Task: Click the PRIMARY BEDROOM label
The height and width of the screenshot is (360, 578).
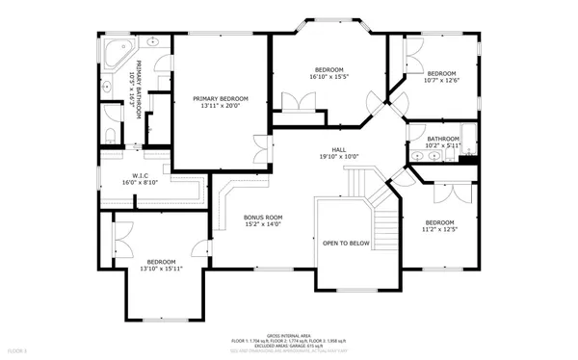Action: point(220,98)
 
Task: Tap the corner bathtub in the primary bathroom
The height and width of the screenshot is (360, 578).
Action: point(115,52)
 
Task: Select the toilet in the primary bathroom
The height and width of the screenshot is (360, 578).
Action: point(111,133)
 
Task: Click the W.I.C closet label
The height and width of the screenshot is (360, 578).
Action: point(140,174)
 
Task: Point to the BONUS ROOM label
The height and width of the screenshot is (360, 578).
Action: point(262,218)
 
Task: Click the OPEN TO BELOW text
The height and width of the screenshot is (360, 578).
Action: point(346,244)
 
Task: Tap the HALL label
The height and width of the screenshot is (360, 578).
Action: point(339,149)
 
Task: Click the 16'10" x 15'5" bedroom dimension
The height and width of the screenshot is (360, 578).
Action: point(329,77)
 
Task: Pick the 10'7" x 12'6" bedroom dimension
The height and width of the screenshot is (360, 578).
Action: point(441,82)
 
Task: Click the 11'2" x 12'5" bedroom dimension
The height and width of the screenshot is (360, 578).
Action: point(440,229)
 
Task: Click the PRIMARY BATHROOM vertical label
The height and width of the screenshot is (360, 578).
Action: point(140,90)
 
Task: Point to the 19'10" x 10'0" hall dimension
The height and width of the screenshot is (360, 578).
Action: point(339,157)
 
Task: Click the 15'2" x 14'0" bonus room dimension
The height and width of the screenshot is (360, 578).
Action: point(262,225)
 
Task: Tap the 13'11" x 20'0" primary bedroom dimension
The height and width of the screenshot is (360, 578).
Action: point(220,106)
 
